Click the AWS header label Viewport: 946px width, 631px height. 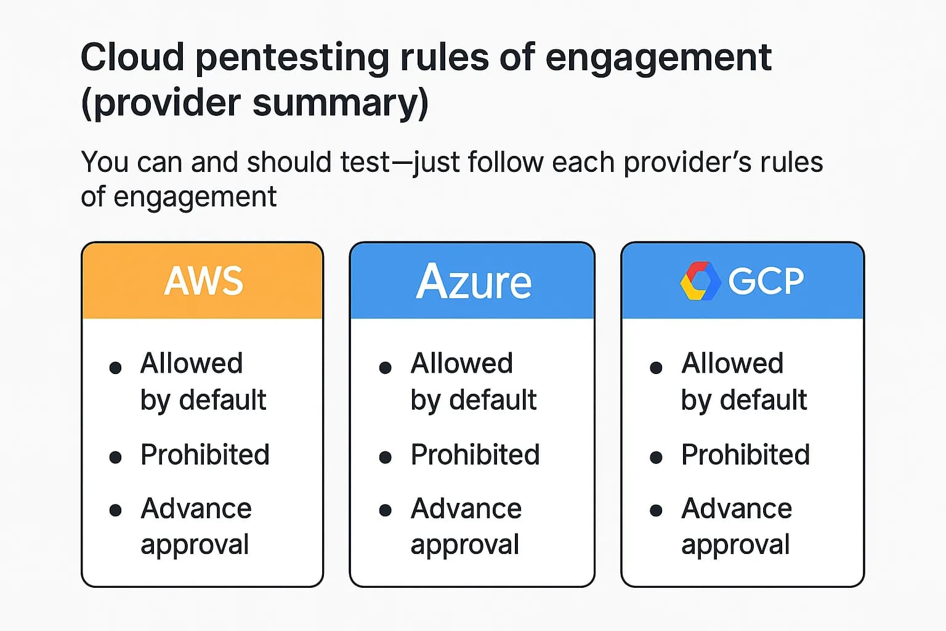[x=203, y=281]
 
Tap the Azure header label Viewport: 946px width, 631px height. [x=473, y=282]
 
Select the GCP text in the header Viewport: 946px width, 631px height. [x=766, y=282]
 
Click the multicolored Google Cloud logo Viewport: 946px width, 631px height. [x=700, y=282]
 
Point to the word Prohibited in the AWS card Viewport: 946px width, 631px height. [x=204, y=455]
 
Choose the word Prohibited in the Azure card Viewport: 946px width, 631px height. [x=475, y=455]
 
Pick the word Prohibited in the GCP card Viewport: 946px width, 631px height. [x=745, y=455]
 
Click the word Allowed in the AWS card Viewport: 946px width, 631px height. [x=192, y=364]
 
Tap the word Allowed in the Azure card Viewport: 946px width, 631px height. [x=462, y=364]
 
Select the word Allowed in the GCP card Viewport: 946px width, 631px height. [x=732, y=364]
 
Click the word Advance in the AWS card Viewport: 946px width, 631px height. [x=196, y=509]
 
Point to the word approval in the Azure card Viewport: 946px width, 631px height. [x=465, y=545]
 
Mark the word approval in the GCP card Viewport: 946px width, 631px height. [x=735, y=545]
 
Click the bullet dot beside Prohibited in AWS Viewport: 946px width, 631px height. [x=115, y=457]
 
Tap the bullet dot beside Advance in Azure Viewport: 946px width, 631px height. [x=386, y=510]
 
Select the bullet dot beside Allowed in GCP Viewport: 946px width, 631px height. [x=656, y=368]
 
